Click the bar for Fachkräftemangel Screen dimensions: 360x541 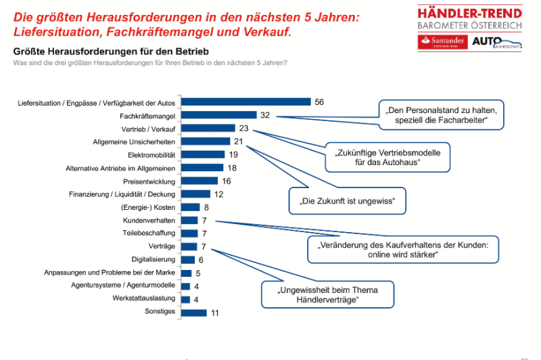[x=218, y=116]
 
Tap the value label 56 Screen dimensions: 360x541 [x=319, y=102]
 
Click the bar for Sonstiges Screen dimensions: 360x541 [x=194, y=312]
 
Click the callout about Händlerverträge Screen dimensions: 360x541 [x=327, y=294]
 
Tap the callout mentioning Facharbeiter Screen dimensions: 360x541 [x=442, y=116]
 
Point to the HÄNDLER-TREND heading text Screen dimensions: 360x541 [x=470, y=13]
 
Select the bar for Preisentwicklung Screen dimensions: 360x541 [x=199, y=181]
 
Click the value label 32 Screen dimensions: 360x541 [x=265, y=116]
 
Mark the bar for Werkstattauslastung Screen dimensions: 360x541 [x=186, y=298]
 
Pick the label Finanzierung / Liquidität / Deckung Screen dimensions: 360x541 [x=122, y=194]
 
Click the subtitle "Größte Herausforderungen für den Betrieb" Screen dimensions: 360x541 [x=111, y=51]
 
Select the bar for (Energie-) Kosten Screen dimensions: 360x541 [x=191, y=207]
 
